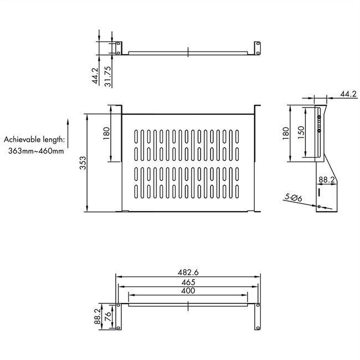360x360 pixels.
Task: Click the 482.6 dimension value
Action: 188,273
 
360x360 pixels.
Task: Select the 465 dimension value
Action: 188,282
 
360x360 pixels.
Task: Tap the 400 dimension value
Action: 188,291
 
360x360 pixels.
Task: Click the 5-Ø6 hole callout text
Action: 292,198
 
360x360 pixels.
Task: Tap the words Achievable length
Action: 34,140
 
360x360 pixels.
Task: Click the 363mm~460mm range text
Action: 36,151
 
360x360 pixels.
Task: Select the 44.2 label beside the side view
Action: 348,95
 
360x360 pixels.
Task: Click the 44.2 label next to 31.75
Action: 95,76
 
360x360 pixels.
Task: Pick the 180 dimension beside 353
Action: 107,133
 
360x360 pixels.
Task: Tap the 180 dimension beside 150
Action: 285,133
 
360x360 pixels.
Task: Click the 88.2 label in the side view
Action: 326,179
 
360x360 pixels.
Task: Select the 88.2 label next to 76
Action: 97,316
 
